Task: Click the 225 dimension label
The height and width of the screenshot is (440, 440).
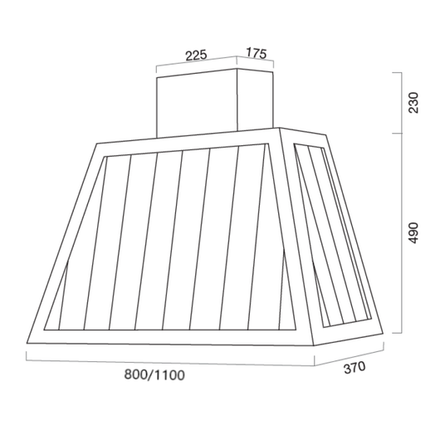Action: pyautogui.click(x=196, y=56)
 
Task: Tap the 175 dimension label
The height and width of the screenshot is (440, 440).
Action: pyautogui.click(x=257, y=53)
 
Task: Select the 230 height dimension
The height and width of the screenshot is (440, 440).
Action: pyautogui.click(x=413, y=102)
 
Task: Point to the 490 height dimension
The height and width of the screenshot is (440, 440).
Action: pyautogui.click(x=413, y=233)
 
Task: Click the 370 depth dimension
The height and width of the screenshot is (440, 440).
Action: pyautogui.click(x=354, y=368)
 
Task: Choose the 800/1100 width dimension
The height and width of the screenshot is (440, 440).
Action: pyautogui.click(x=154, y=375)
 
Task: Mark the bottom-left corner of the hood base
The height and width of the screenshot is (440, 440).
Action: pyautogui.click(x=27, y=343)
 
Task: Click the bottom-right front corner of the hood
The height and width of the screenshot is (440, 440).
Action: pyautogui.click(x=314, y=345)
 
